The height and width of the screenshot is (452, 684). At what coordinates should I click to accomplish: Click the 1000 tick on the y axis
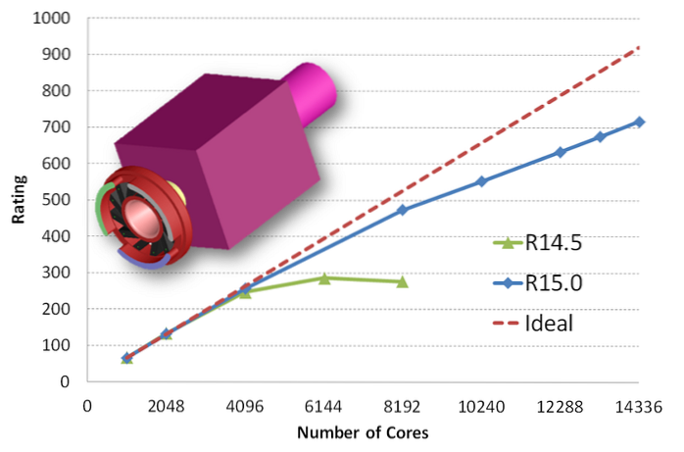(x=51, y=19)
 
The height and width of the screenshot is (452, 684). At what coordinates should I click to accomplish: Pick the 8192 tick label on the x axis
(x=402, y=408)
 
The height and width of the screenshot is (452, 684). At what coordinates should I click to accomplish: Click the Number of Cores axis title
(x=363, y=432)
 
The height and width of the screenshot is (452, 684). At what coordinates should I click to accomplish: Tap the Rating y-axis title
(x=18, y=200)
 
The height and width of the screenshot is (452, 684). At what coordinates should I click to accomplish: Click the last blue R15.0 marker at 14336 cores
(x=640, y=122)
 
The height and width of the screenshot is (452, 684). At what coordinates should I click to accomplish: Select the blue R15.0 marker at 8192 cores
(x=402, y=210)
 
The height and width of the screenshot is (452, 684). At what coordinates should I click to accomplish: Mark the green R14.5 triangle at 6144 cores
(x=323, y=278)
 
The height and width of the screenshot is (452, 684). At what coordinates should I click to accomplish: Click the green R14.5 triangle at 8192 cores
(x=402, y=281)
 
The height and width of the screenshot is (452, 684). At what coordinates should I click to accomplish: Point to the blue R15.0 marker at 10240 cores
(x=481, y=181)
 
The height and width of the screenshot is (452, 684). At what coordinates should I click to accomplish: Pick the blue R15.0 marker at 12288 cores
(x=561, y=152)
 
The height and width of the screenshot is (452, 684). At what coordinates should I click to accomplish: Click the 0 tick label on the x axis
(x=87, y=408)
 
